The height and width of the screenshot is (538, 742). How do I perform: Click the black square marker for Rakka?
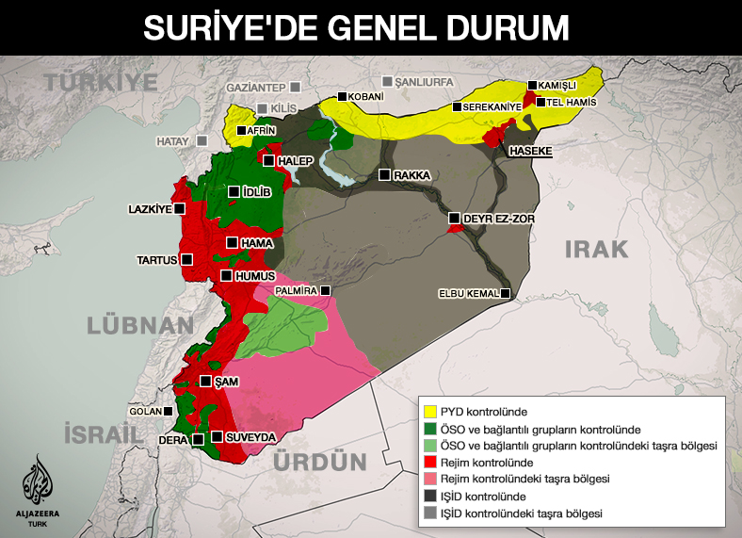click(x=384, y=174)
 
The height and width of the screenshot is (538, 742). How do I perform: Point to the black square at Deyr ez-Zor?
click(x=455, y=219)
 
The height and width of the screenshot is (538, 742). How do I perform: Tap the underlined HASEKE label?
click(x=530, y=151)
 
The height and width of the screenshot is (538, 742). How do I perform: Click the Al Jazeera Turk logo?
click(x=40, y=486)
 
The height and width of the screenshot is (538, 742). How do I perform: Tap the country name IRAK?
click(x=596, y=249)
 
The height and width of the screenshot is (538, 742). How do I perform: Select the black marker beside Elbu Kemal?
click(x=506, y=294)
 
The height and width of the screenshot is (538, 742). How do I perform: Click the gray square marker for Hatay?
click(x=202, y=141)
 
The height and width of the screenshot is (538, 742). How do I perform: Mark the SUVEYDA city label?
click(x=251, y=438)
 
